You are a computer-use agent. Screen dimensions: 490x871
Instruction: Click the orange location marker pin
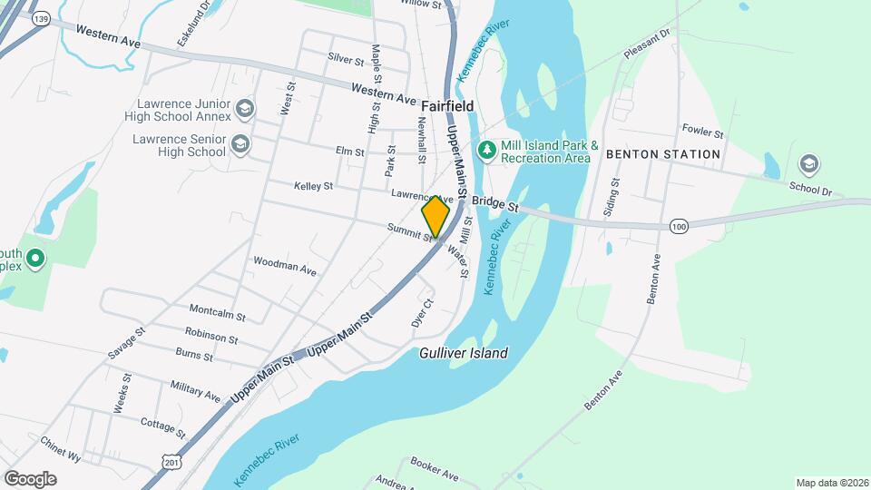click(435, 216)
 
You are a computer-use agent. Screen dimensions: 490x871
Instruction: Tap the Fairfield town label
click(446, 107)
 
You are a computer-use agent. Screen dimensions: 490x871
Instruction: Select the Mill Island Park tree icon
click(487, 147)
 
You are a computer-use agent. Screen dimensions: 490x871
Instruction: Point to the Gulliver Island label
click(464, 353)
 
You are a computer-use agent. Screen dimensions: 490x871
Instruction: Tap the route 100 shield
click(679, 225)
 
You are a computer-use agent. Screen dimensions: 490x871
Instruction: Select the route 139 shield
click(40, 18)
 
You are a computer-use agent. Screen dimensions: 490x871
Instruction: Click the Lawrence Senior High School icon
click(240, 143)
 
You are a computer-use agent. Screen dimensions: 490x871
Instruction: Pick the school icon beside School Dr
click(807, 164)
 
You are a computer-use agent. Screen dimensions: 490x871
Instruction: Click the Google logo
click(30, 478)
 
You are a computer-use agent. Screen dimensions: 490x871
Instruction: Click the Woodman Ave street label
click(285, 266)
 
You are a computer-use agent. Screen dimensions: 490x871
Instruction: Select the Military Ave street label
click(195, 391)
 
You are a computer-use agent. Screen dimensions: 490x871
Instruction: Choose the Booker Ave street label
click(435, 468)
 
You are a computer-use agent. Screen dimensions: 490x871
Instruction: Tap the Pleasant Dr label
click(648, 43)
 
